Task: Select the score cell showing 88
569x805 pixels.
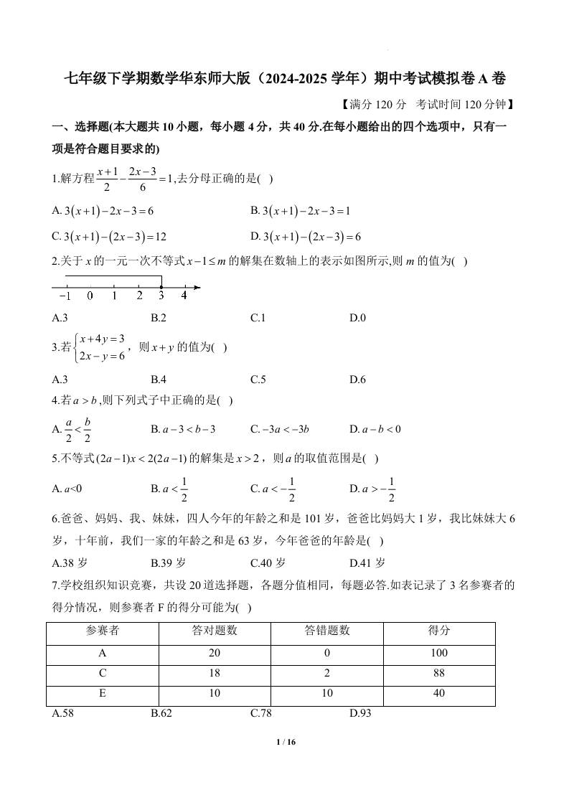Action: point(439,673)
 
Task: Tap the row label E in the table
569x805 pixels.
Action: point(103,693)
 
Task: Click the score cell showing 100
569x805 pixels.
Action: point(439,653)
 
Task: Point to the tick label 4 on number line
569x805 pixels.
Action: point(184,296)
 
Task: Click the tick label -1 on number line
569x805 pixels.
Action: point(65,296)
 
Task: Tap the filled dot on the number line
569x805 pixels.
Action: point(161,288)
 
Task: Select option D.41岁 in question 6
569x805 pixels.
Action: point(367,562)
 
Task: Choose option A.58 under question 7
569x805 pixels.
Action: point(63,713)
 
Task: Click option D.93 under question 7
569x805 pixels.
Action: point(360,713)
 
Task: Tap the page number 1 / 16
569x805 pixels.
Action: point(285,742)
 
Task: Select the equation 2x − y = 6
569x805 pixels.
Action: point(103,355)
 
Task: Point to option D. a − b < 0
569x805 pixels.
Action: point(375,429)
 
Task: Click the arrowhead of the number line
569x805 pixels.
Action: point(197,288)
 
